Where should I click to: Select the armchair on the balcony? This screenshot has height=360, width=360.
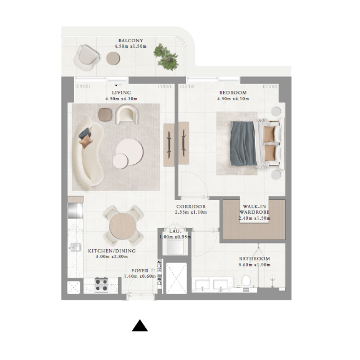click(87, 57)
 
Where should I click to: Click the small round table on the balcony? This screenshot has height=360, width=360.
click(113, 58)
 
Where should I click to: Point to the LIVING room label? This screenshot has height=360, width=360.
click(121, 93)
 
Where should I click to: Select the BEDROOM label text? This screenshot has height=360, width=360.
click(232, 93)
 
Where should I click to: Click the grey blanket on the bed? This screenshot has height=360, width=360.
click(243, 143)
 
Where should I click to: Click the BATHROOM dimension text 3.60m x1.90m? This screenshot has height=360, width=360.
click(254, 265)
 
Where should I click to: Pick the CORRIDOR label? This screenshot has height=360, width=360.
click(191, 207)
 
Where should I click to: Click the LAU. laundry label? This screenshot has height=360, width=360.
click(174, 231)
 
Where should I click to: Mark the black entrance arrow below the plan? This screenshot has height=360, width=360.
click(140, 326)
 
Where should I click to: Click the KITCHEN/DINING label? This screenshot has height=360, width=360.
click(112, 251)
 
